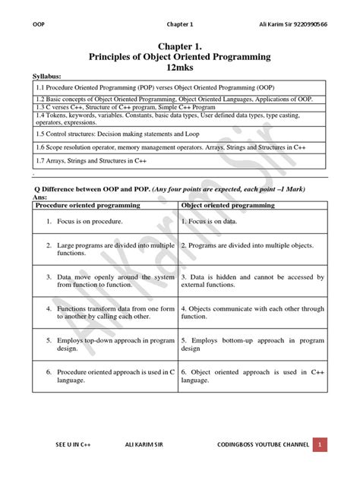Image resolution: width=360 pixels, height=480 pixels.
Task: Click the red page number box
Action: coord(321,444)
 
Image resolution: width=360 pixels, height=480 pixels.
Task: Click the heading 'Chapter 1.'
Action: coord(180,46)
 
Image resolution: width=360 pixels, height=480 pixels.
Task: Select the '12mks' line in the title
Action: coord(180,67)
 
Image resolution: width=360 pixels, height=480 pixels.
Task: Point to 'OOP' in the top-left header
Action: coord(39,23)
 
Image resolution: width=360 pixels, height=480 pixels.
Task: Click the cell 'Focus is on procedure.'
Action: coord(90,221)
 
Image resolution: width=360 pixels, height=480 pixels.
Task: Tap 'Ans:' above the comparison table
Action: coord(40,197)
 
